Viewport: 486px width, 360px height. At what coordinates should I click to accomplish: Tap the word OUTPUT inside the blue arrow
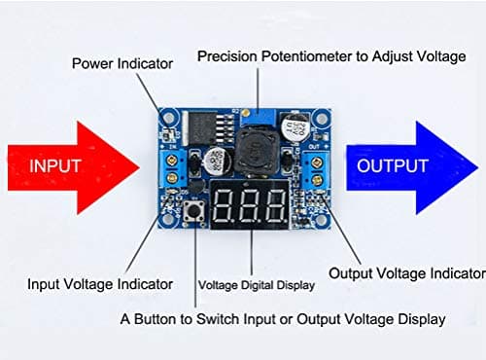(392, 166)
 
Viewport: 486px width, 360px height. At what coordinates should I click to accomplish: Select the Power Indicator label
(122, 63)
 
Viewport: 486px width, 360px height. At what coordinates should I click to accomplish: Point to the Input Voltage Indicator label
(101, 284)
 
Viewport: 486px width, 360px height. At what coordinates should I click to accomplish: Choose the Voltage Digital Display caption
(257, 285)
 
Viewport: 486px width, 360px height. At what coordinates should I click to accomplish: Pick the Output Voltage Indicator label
(405, 273)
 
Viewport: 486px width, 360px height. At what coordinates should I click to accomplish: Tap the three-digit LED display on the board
(251, 203)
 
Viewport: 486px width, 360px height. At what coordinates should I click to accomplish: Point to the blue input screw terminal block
(174, 167)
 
